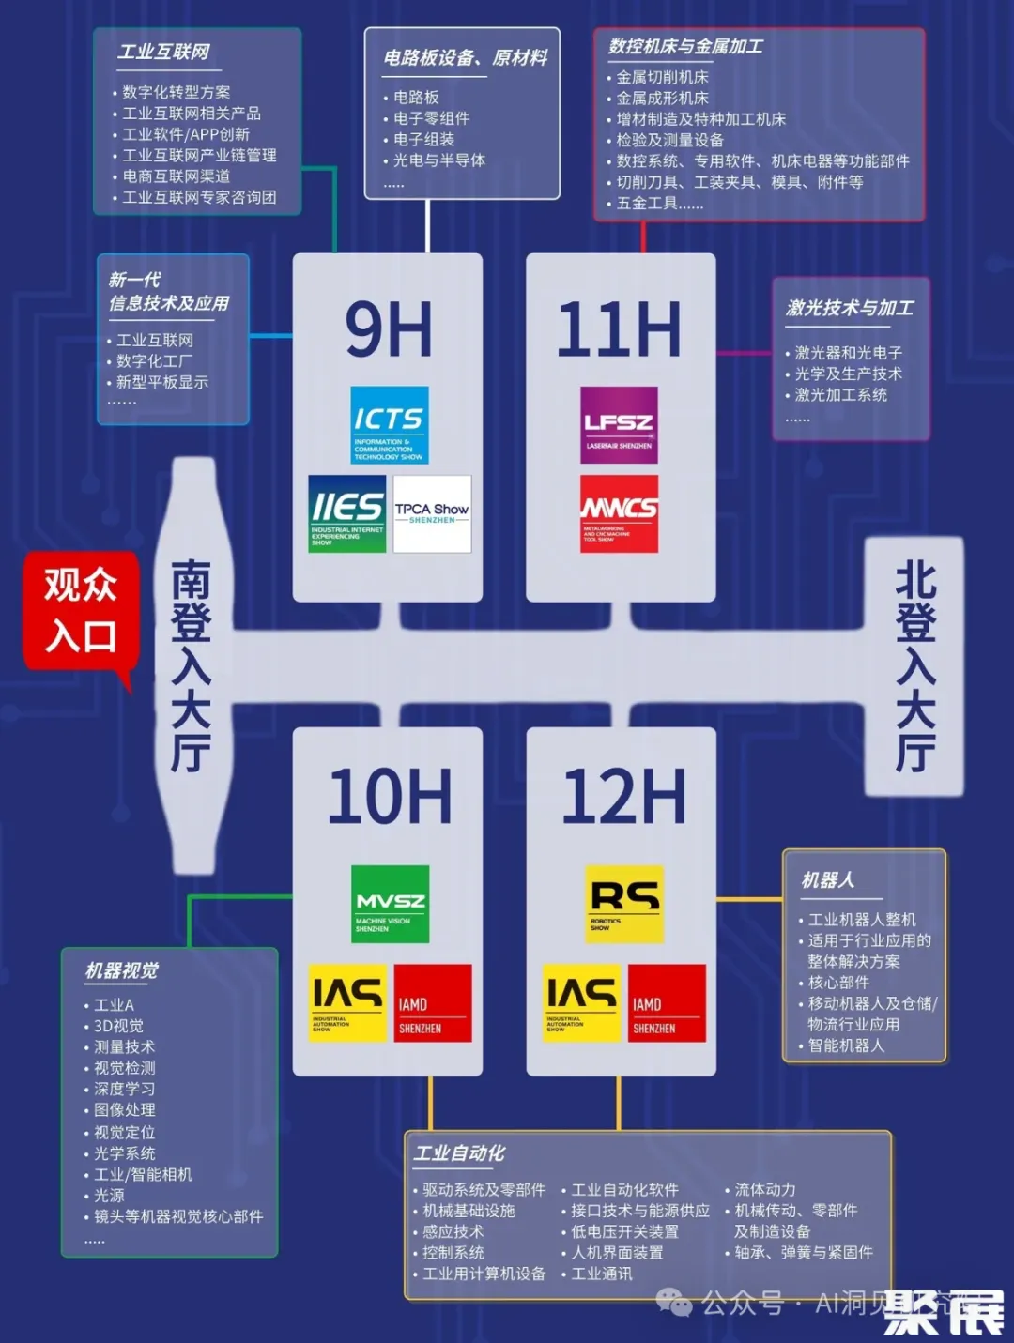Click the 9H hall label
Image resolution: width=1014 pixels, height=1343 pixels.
(389, 330)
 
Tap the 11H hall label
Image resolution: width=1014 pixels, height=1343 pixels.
(620, 330)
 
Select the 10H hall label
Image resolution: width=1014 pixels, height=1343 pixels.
(390, 797)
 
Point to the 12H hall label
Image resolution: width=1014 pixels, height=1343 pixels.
(623, 797)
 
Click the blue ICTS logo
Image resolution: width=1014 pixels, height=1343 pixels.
(390, 425)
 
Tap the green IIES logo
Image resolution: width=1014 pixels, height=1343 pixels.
(347, 513)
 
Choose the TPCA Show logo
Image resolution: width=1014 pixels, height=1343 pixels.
(432, 513)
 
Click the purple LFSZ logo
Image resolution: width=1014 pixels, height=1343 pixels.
(619, 425)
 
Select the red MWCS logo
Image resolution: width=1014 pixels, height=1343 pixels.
(619, 513)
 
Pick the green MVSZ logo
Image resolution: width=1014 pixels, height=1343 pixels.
(390, 904)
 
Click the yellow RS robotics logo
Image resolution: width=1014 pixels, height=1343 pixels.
(624, 904)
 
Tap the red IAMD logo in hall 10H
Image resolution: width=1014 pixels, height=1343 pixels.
(433, 1003)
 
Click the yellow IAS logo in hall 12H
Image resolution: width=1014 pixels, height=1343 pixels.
(582, 1003)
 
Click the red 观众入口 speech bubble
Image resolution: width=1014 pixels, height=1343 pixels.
(81, 611)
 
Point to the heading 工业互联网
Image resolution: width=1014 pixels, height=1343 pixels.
(163, 52)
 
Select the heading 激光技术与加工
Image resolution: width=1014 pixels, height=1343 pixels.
(850, 308)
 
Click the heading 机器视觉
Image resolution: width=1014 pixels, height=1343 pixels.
(122, 970)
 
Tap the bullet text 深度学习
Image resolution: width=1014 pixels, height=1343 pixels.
(124, 1089)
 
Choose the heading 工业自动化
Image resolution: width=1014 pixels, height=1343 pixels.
(460, 1153)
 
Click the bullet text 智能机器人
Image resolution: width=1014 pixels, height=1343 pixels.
(846, 1045)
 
